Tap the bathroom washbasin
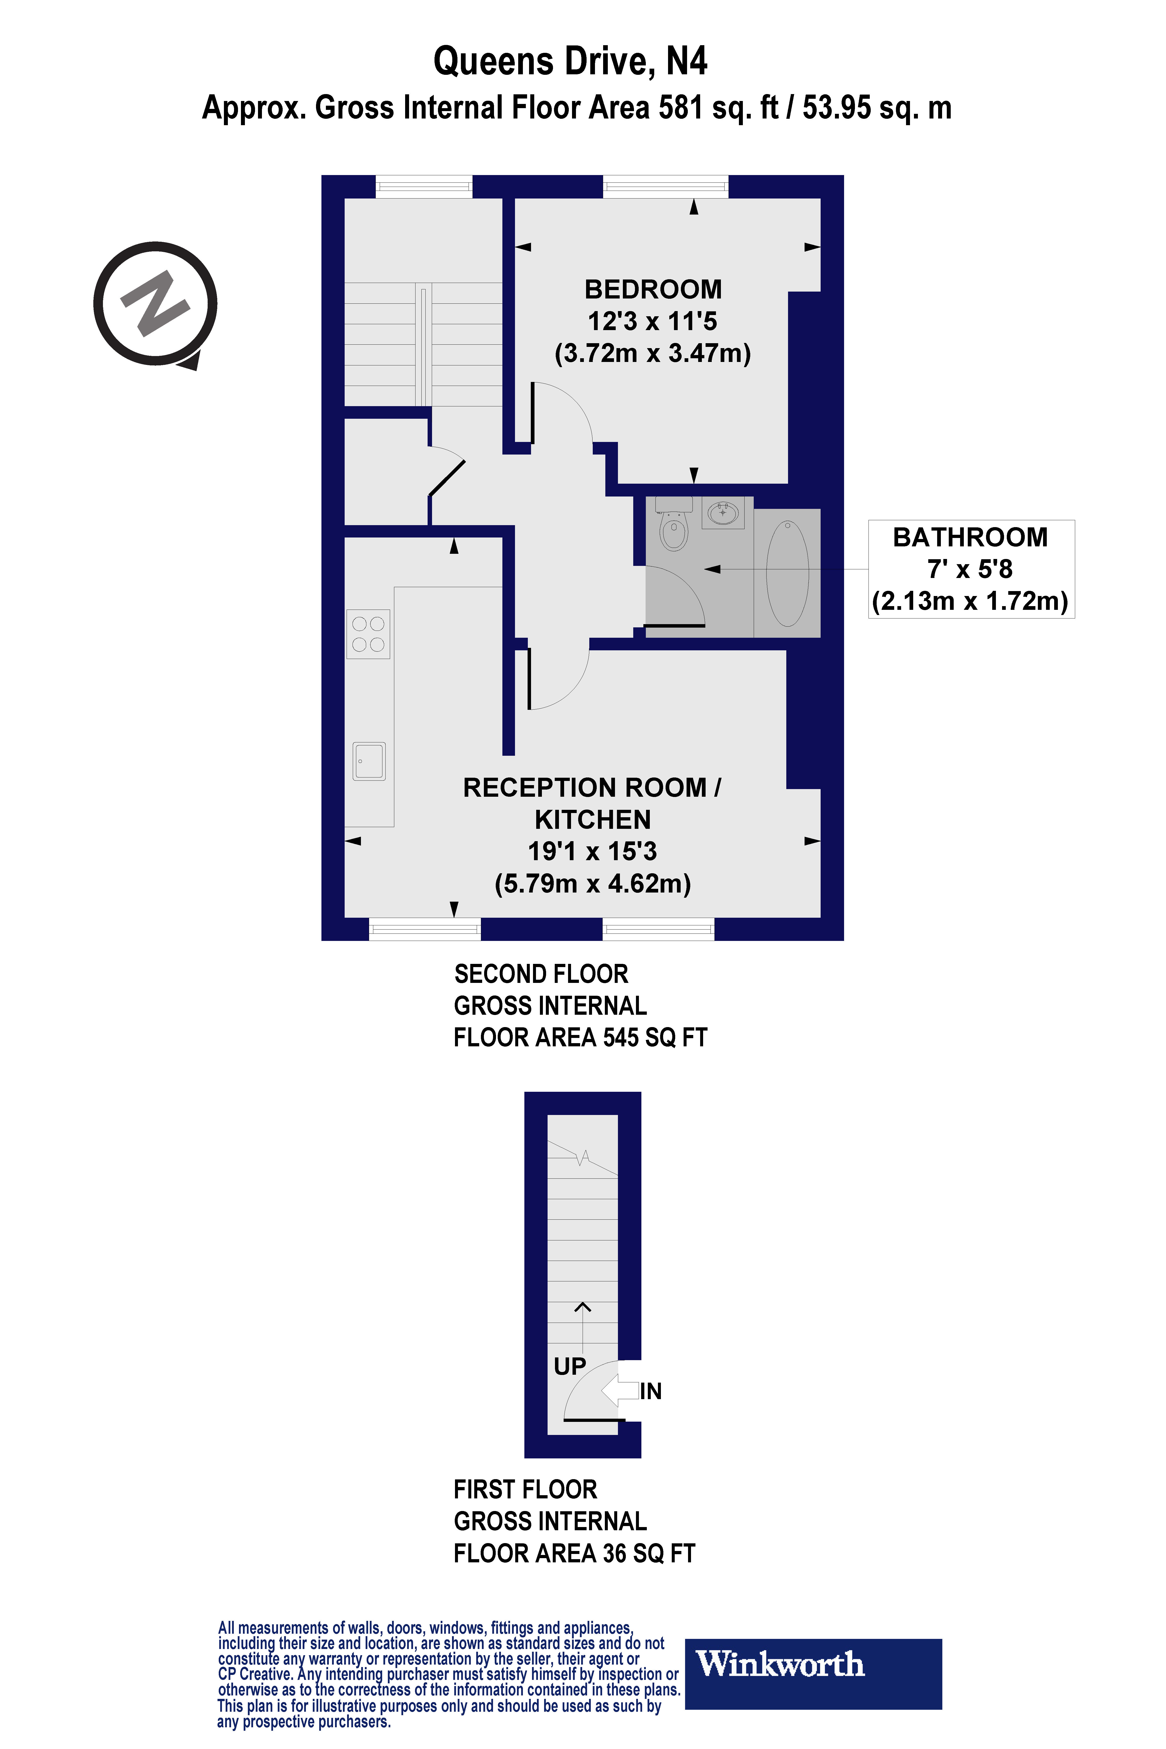723,512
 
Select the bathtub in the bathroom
788,573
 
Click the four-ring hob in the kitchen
368,634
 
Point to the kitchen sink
369,761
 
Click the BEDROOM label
653,289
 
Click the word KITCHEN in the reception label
593,819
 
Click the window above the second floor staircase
424,186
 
